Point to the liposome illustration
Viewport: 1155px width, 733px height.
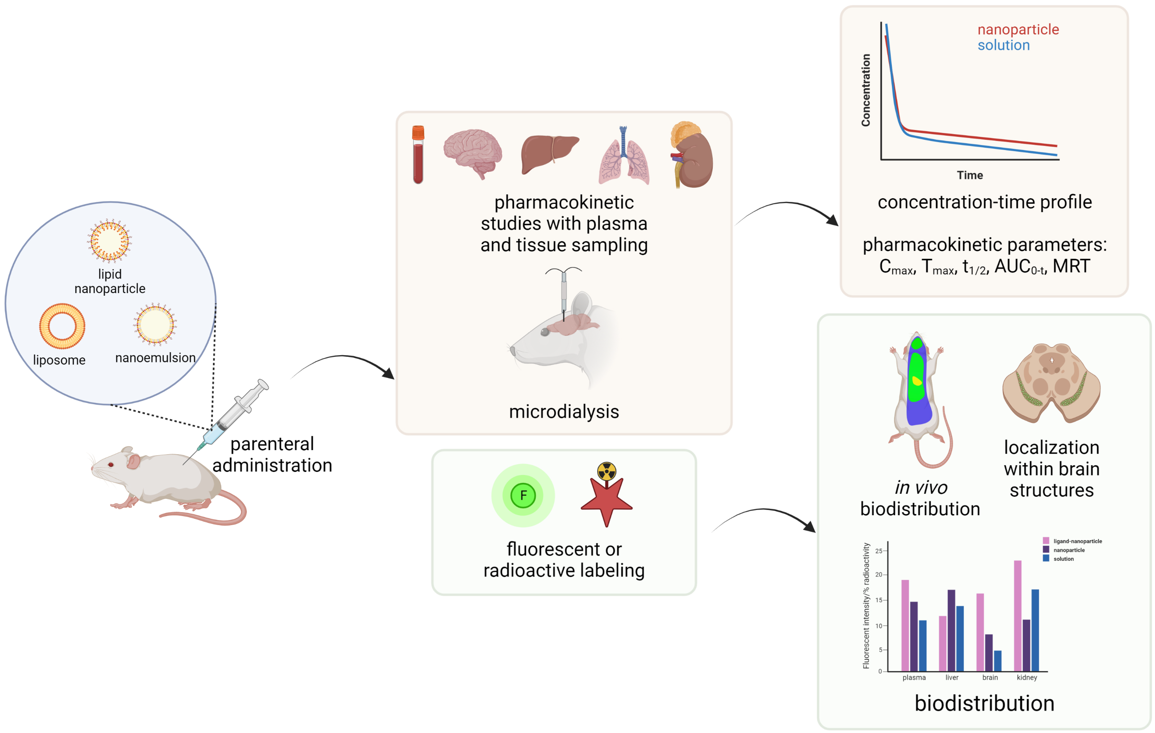click(62, 326)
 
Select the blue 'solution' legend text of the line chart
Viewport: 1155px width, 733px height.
click(1003, 46)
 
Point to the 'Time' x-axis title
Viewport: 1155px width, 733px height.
click(969, 175)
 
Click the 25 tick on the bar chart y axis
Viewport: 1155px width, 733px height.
click(879, 551)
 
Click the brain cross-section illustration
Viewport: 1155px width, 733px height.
click(1051, 384)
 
